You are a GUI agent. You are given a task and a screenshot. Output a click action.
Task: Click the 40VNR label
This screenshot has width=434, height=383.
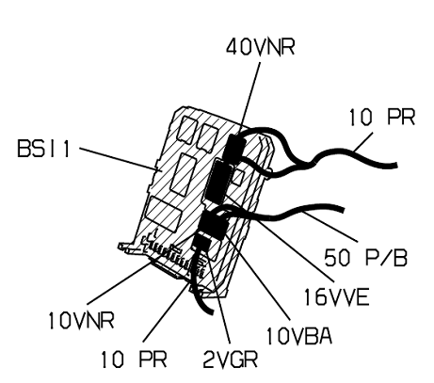click(x=261, y=47)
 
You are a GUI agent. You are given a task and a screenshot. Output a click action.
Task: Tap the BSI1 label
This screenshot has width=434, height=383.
click(x=43, y=149)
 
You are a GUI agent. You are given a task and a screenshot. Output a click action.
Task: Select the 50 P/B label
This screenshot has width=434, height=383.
click(x=365, y=258)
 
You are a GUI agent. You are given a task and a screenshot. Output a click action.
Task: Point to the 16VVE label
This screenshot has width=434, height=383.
click(x=336, y=297)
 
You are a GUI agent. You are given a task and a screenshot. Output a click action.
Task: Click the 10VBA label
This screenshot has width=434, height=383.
click(x=299, y=336)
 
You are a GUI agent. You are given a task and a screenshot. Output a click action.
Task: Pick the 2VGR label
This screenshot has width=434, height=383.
click(x=231, y=359)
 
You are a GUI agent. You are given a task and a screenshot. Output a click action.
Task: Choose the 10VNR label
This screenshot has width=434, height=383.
click(x=81, y=321)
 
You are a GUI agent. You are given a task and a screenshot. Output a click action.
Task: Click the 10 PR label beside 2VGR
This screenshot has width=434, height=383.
click(x=134, y=359)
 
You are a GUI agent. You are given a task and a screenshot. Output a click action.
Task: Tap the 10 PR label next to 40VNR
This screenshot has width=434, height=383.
click(x=382, y=118)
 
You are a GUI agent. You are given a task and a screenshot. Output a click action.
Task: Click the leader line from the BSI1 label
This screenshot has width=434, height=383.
click(x=119, y=159)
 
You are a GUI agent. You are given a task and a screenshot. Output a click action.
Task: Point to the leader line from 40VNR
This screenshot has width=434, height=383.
click(x=251, y=99)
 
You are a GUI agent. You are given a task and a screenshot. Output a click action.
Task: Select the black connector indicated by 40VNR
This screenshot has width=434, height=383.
click(x=234, y=147)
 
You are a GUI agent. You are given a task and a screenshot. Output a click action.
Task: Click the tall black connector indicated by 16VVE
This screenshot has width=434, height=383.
click(x=219, y=180)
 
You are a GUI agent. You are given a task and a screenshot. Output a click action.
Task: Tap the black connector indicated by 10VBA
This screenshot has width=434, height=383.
click(x=214, y=225)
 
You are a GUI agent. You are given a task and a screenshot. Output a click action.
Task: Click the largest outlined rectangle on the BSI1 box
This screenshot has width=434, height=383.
click(x=164, y=214)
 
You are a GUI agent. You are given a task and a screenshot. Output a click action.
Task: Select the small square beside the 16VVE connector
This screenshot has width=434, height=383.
click(x=238, y=176)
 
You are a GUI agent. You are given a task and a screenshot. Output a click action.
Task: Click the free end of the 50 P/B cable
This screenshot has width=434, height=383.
click(x=344, y=209)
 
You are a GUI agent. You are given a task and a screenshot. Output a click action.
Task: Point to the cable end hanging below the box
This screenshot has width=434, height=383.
click(x=211, y=311)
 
